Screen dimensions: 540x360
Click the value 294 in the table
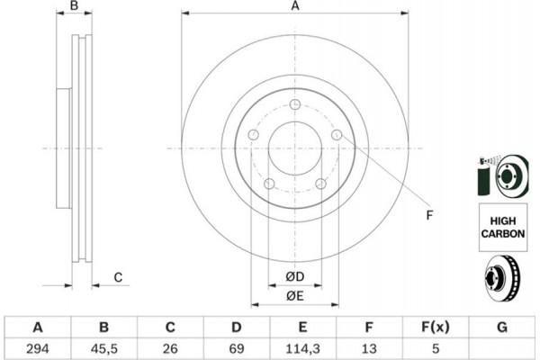point(38,348)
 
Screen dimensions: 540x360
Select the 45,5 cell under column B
point(104,348)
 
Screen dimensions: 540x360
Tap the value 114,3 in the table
point(302,348)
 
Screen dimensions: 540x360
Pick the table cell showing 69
point(236,348)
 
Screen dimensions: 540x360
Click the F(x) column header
point(436,327)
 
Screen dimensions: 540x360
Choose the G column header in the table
point(502,327)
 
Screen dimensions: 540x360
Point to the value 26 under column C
point(170,348)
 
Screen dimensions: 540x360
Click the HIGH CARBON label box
point(503,228)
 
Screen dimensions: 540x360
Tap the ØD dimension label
point(295,276)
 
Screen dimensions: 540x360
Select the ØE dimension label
point(295,296)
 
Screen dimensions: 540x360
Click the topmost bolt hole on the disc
point(295,104)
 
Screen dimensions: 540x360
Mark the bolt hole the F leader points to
point(337,135)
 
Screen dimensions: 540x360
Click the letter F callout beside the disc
point(429,215)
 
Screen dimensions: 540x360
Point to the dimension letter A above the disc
point(295,6)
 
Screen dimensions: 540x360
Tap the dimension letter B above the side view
point(74,5)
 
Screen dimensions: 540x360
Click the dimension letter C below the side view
point(118,277)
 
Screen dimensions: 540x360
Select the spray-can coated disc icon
point(503,175)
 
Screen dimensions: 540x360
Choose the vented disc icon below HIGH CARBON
point(503,277)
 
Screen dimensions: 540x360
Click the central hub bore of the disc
point(295,148)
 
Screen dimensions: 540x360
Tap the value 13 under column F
point(369,348)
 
